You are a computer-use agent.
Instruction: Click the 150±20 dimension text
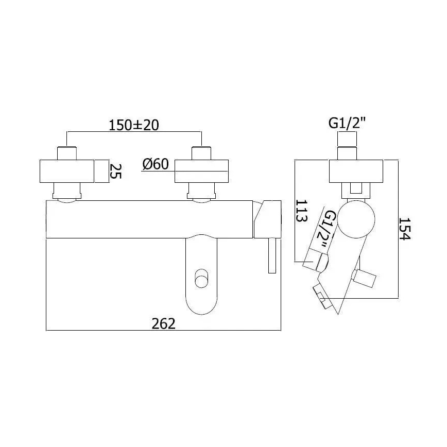(134, 125)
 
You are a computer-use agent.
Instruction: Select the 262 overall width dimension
(164, 323)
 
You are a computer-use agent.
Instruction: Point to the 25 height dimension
(116, 171)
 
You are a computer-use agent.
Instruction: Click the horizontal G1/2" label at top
(348, 124)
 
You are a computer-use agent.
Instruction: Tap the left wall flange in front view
(68, 171)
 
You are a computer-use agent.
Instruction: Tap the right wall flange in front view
(201, 171)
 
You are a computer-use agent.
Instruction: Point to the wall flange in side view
(355, 171)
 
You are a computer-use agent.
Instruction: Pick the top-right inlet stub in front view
(201, 153)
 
